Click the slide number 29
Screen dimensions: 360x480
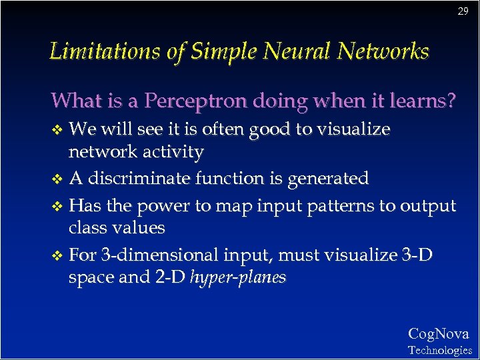click(463, 11)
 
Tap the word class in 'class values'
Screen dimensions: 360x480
click(87, 228)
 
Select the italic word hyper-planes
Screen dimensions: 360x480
click(238, 277)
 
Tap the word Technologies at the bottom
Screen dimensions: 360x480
click(439, 350)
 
